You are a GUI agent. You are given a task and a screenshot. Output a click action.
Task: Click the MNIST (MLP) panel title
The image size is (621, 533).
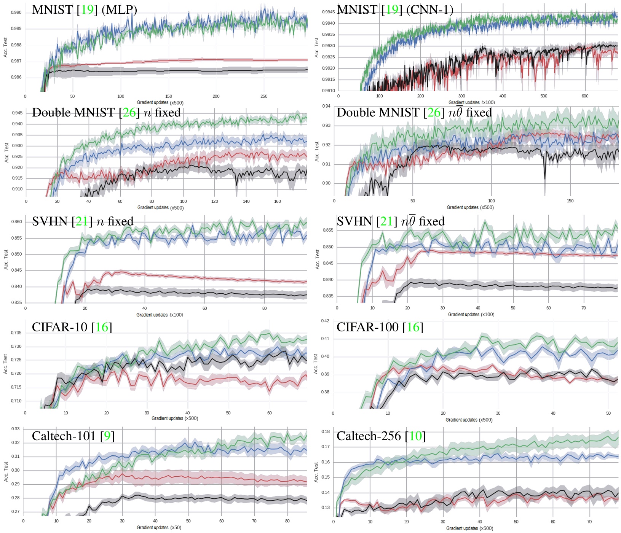tap(84, 10)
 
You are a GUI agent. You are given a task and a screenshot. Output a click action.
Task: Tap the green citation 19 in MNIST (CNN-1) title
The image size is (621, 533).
tap(392, 10)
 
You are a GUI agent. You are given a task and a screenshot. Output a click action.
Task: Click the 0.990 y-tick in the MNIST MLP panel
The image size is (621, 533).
tap(16, 13)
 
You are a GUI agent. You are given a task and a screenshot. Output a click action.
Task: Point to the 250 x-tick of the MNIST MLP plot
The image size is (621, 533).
tap(264, 96)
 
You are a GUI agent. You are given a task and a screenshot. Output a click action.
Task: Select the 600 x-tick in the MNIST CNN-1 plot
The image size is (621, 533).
tap(585, 96)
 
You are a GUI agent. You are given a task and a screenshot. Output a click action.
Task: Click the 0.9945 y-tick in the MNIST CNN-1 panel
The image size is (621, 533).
tap(328, 12)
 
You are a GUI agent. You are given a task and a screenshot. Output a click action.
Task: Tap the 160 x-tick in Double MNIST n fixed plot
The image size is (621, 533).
tap(277, 201)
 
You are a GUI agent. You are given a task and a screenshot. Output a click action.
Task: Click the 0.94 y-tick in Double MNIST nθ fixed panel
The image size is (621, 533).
tap(326, 106)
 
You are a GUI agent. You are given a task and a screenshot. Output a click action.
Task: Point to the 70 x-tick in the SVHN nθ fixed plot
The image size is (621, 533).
tap(583, 308)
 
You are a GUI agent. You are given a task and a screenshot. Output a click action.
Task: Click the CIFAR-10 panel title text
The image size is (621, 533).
tap(72, 327)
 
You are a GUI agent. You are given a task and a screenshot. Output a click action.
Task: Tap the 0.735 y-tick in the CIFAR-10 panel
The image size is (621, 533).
tap(16, 333)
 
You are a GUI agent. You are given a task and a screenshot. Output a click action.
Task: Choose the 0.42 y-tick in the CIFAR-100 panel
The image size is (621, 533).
tap(325, 321)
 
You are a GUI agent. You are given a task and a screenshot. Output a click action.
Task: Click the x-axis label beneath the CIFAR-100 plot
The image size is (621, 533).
tap(469, 420)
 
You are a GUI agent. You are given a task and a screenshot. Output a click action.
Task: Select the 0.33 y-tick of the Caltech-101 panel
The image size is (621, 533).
tap(15, 429)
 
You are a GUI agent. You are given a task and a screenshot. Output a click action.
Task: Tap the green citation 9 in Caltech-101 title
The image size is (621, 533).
tap(107, 436)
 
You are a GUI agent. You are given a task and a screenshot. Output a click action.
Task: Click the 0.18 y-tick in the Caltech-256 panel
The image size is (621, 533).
tap(326, 431)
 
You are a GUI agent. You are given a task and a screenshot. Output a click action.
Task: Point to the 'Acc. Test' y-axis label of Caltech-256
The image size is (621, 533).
tap(316, 472)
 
